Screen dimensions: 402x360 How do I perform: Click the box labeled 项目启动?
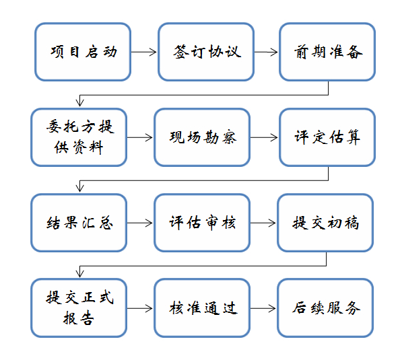coord(83,52)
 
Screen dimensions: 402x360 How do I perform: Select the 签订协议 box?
coord(206,52)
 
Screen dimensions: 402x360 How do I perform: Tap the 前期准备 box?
coord(327,52)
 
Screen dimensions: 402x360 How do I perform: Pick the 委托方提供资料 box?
coord(79,137)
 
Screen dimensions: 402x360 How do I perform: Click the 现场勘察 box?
coord(202,137)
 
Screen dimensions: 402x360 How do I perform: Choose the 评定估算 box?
coord(327,137)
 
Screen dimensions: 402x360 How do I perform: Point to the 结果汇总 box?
coord(79,223)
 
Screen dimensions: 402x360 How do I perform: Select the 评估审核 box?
coord(202,223)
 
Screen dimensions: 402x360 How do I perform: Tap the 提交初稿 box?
coord(325,223)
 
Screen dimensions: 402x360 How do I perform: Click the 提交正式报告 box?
coord(79,308)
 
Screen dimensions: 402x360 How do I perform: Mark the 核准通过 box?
coord(202,308)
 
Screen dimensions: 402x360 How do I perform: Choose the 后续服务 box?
coord(325,308)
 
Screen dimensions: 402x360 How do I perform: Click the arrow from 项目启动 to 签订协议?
coord(144,52)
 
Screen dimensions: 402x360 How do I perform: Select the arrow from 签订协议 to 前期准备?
coord(266,52)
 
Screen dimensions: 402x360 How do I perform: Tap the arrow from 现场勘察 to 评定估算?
coord(264,137)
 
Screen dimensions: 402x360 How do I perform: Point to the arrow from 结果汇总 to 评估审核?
coord(140,223)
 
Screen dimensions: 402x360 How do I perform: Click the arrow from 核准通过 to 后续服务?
coord(263,308)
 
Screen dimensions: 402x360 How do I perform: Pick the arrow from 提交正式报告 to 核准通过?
coord(140,308)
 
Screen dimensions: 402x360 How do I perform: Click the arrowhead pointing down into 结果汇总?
coord(79,188)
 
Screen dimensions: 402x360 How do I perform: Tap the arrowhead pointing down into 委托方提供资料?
coord(79,103)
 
